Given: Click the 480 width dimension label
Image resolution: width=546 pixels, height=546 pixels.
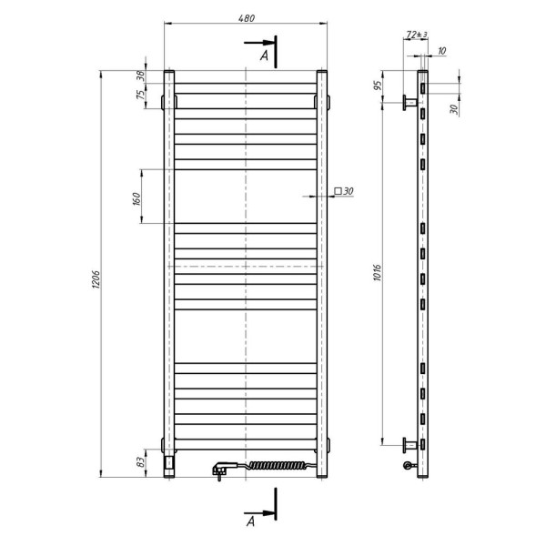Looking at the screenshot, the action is point(247,18).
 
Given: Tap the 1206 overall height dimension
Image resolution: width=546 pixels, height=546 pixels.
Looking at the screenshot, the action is point(96,279).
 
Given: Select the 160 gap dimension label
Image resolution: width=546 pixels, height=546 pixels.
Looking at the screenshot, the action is point(136,198).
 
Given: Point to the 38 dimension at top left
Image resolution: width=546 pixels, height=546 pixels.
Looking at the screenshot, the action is point(140,76).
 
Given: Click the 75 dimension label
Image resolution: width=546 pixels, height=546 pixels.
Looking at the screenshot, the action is point(140,95).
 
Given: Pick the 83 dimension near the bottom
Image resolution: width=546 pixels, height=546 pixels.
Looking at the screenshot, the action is point(140,462).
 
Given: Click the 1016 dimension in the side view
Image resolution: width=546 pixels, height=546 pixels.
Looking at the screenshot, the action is point(377,273).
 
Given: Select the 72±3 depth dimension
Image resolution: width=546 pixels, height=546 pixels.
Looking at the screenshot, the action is point(417,35).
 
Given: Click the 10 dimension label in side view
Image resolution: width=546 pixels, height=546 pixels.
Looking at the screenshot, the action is point(441,51).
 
